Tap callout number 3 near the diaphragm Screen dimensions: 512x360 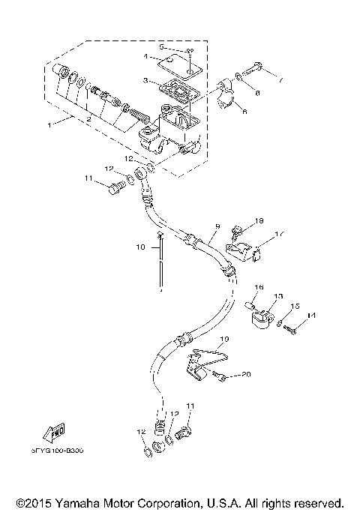point(146,81)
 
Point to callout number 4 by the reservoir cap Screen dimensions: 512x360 point(147,56)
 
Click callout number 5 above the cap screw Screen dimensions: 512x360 point(160,46)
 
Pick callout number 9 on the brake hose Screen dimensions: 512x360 point(217,225)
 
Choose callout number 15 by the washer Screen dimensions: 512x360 point(295,307)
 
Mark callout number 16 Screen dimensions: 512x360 point(259,287)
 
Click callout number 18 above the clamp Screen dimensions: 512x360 point(259,221)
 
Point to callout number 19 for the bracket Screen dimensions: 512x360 point(222,339)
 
